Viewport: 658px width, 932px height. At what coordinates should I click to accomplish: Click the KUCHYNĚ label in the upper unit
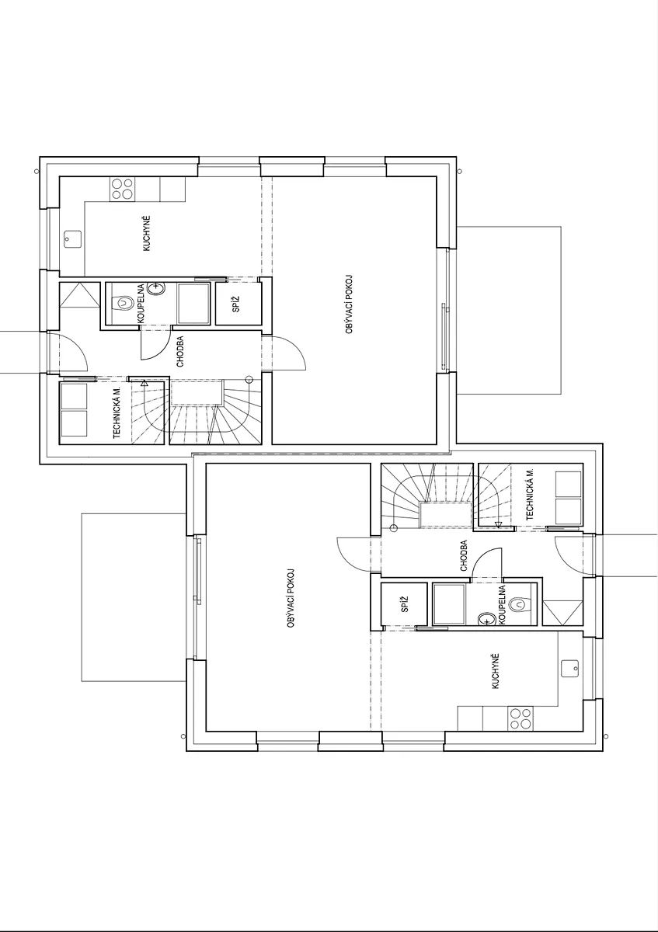click(146, 233)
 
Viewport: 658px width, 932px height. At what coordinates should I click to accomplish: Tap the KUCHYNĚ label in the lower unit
click(496, 671)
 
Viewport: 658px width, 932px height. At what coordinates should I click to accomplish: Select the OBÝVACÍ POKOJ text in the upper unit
click(349, 304)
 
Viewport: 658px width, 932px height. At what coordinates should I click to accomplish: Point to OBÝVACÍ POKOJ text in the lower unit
click(291, 598)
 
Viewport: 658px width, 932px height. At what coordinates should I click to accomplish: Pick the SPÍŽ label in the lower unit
click(405, 603)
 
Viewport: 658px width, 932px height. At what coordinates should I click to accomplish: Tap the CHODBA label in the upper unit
click(180, 352)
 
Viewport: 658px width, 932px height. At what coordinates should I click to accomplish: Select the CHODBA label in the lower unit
click(464, 555)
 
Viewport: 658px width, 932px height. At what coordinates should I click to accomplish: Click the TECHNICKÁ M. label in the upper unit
click(117, 412)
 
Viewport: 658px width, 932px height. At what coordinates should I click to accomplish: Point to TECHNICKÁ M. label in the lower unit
click(530, 494)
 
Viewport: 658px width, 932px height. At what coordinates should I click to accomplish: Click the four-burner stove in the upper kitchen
click(123, 189)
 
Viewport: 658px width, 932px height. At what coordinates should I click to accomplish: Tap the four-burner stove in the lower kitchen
click(520, 719)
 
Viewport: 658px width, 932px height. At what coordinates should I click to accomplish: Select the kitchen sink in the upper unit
click(73, 239)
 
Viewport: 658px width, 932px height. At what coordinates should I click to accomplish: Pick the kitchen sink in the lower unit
click(569, 668)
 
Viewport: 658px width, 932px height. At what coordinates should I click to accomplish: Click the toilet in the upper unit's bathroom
click(123, 302)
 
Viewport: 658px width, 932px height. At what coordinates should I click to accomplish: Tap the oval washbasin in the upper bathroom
click(156, 288)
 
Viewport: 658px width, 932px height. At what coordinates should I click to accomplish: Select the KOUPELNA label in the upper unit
click(141, 304)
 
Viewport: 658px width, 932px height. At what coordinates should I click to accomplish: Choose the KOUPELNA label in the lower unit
click(502, 604)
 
